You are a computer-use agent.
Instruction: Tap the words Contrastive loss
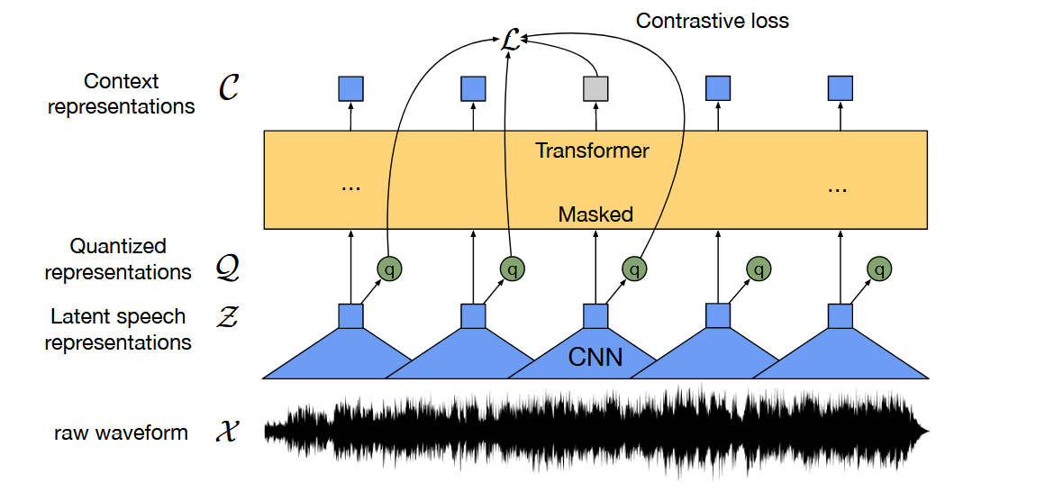tap(713, 21)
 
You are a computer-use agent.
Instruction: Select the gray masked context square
tap(595, 88)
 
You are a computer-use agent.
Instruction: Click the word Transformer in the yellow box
tap(592, 150)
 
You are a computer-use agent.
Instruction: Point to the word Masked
tap(595, 214)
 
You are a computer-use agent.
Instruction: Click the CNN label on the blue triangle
tap(595, 358)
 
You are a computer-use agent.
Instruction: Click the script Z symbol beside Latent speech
tap(228, 317)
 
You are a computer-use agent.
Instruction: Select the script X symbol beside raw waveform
tap(228, 433)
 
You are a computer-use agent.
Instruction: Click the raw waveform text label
tap(122, 433)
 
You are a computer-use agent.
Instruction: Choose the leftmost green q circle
tap(390, 269)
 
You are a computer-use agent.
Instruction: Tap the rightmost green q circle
tap(879, 269)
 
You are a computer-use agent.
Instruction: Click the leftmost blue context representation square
tap(350, 88)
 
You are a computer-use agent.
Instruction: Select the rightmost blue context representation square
tap(840, 88)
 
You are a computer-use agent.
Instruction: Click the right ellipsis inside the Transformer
tap(836, 189)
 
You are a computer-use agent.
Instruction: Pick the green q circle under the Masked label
tap(634, 269)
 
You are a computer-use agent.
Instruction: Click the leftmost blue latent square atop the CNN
tap(350, 316)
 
